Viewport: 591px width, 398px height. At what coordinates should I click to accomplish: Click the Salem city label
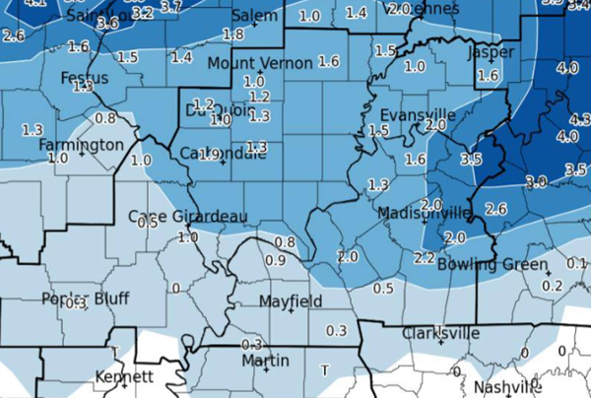click(x=254, y=18)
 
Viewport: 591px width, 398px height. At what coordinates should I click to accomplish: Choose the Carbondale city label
click(x=224, y=153)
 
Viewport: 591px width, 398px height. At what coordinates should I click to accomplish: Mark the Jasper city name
click(x=490, y=52)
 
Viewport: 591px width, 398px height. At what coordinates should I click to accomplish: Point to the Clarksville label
click(x=440, y=333)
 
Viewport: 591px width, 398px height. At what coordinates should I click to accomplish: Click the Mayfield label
click(x=290, y=300)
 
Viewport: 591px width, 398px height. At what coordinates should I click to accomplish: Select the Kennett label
click(x=124, y=377)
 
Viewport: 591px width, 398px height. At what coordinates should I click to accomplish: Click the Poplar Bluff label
click(x=79, y=298)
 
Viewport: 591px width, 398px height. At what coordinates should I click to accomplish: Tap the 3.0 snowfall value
click(x=536, y=181)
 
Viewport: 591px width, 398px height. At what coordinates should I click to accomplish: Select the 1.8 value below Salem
click(x=233, y=34)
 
